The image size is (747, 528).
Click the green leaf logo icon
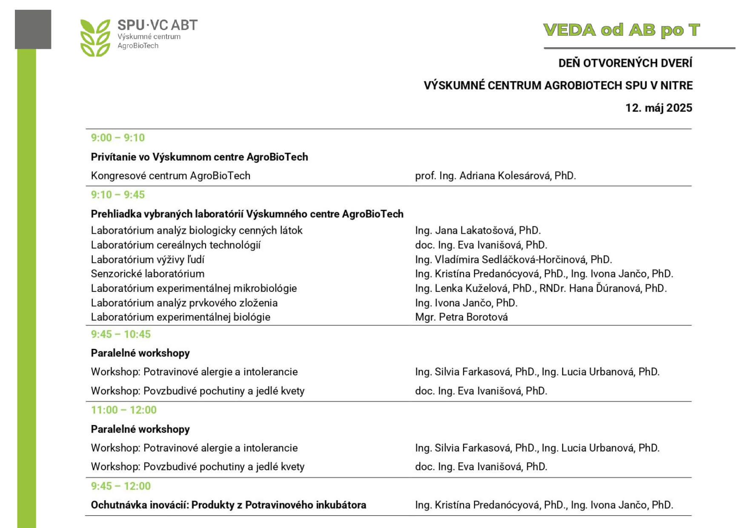point(95,38)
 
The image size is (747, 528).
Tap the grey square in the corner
point(33,29)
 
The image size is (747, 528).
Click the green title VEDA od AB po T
point(621,30)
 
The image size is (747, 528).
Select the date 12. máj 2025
point(658,108)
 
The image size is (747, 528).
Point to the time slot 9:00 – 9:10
point(117,138)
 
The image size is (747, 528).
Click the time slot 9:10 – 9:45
point(117,195)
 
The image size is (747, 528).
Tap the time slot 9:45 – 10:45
point(120,334)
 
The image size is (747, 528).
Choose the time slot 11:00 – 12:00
point(123,410)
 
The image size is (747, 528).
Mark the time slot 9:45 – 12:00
point(120,486)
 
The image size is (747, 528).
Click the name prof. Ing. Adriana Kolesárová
point(495,176)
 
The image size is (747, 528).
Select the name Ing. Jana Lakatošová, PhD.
point(478,231)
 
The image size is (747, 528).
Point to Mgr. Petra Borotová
point(461,317)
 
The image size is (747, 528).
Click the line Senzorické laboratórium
point(147,274)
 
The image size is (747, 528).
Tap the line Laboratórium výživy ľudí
point(147,260)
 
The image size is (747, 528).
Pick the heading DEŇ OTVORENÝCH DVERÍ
point(625,63)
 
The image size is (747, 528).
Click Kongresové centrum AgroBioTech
point(170,176)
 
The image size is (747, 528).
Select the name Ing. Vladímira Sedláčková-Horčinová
point(513,260)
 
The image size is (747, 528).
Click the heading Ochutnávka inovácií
point(228,505)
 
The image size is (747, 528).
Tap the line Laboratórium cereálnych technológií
point(175,245)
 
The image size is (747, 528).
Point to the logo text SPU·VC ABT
point(157,25)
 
